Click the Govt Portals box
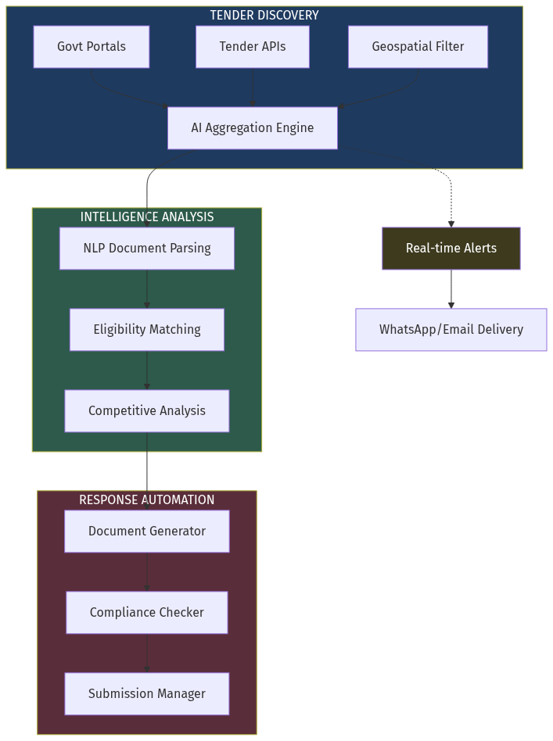pos(92,47)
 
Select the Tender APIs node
pos(252,47)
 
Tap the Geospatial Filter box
pos(418,47)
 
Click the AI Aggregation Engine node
pos(252,128)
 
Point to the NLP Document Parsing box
pos(147,249)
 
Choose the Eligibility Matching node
pos(147,330)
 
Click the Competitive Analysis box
pos(147,411)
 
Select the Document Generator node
pos(147,532)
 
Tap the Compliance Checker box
pos(147,613)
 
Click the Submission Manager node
pos(147,694)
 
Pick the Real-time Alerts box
pos(451,249)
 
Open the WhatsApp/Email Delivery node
pos(451,330)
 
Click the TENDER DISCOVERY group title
pos(264,16)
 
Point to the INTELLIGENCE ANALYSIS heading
pos(147,217)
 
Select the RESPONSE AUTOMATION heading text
pos(147,500)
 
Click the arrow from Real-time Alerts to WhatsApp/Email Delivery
pos(451,289)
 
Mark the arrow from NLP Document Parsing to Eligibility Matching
pos(147,289)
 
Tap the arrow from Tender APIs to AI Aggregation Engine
pos(252,88)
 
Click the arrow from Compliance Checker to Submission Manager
pos(147,653)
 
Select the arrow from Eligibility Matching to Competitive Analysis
pos(147,370)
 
